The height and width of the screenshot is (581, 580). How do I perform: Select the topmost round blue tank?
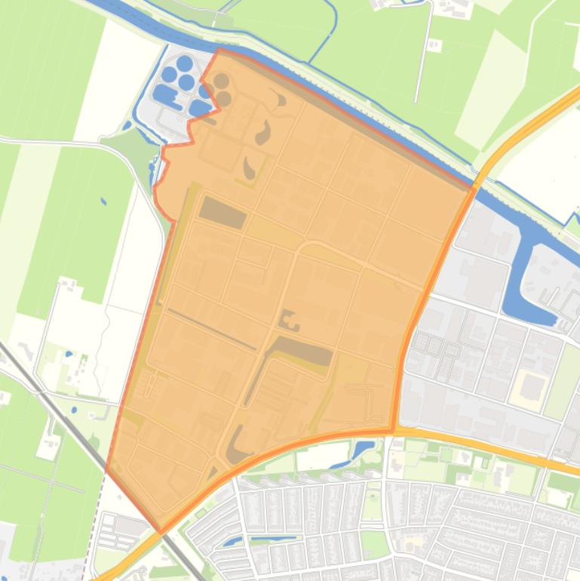click(185, 63)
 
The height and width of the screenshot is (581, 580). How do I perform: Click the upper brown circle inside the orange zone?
click(221, 81)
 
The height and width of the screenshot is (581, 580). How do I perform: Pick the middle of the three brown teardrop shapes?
click(263, 134)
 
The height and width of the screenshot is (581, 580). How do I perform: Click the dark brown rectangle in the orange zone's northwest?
click(222, 212)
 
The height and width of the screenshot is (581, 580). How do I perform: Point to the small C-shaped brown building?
click(289, 321)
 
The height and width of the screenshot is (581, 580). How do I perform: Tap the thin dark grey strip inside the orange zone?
click(211, 328)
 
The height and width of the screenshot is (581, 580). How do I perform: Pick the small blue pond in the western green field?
click(103, 201)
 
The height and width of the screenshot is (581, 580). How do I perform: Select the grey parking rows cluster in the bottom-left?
click(121, 532)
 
